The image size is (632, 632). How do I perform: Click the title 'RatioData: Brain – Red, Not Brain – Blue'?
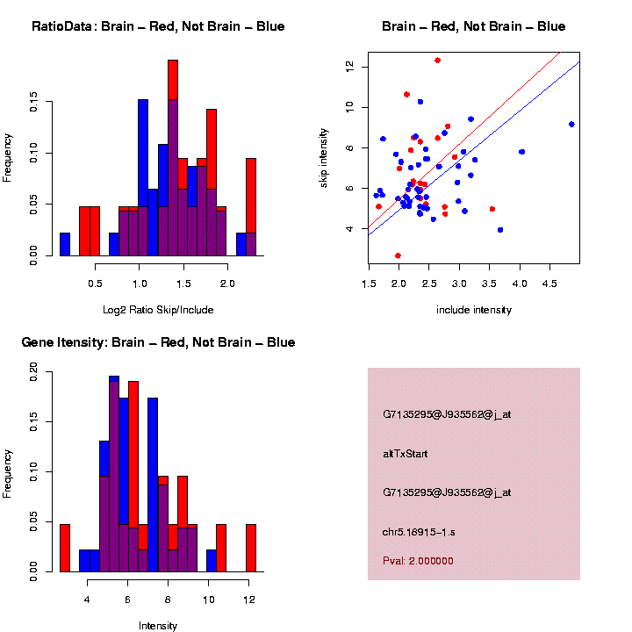click(158, 26)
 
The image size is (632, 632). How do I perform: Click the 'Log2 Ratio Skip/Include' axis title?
click(158, 310)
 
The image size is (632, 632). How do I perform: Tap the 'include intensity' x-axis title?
click(474, 310)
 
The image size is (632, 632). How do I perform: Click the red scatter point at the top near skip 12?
click(437, 61)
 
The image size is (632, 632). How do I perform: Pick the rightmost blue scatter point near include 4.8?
click(571, 125)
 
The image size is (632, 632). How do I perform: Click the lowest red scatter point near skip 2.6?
click(398, 255)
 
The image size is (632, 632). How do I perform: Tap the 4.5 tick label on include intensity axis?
click(549, 285)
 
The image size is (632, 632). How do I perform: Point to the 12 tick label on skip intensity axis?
click(349, 66)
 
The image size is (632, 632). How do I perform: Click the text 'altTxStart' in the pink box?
click(406, 454)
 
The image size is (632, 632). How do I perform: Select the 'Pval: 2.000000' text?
click(418, 560)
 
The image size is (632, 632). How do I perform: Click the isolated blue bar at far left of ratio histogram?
click(65, 244)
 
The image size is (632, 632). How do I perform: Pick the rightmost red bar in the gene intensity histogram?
click(251, 548)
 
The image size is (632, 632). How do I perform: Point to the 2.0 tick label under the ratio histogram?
click(227, 284)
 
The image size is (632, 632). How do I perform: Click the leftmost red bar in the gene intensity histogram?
click(65, 548)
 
